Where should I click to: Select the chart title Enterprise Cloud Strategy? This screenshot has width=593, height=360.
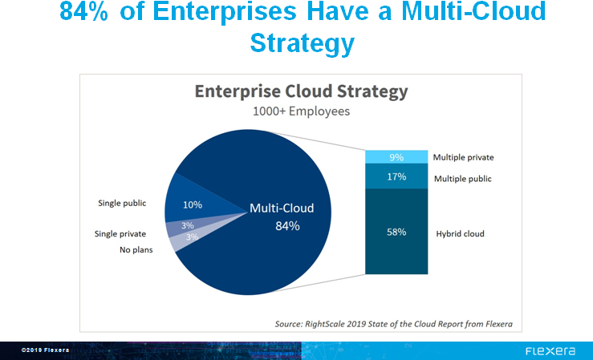301,91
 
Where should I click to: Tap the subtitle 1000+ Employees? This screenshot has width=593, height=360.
301,111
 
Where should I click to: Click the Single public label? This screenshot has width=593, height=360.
122,204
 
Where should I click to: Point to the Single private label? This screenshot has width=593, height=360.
120,233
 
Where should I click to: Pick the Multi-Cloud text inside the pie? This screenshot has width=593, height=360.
282,208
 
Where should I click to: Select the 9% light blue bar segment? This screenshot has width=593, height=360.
396,157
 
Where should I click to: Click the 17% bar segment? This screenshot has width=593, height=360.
396,176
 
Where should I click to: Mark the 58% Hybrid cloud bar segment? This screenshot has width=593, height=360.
396,233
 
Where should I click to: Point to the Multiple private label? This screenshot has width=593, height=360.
463,157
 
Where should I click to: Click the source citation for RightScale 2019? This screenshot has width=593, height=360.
393,324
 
